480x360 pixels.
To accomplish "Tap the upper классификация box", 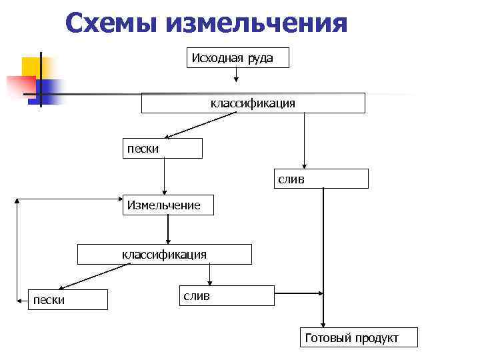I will tap(253, 103).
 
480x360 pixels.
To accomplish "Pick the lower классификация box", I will tap(165, 255).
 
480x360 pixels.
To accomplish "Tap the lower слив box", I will tap(226, 295).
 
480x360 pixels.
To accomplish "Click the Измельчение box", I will tap(167, 205).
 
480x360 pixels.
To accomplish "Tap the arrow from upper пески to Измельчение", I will tap(164, 177).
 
